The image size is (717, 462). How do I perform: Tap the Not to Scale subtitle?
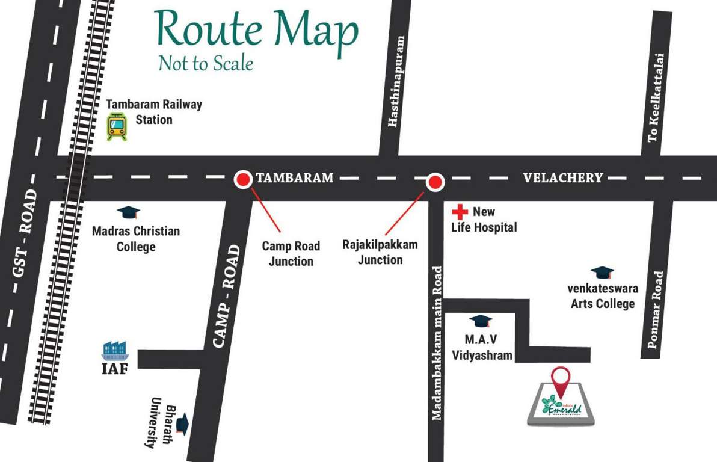point(206,63)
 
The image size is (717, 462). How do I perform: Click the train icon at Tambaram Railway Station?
point(116,127)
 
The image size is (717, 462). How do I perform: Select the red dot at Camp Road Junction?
point(243,179)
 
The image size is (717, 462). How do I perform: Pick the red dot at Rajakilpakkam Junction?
point(435,181)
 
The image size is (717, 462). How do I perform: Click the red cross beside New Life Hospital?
point(460,212)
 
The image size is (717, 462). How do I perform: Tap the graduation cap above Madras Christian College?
point(128,212)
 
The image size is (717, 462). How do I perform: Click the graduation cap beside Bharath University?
point(183,423)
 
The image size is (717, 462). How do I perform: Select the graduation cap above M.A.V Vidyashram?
point(480,321)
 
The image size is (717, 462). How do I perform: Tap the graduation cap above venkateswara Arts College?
point(602,273)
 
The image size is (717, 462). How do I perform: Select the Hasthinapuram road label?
point(394,82)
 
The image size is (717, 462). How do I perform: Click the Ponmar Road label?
point(656,310)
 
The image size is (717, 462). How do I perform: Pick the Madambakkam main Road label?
point(437,343)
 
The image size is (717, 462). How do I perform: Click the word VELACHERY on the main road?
point(562,177)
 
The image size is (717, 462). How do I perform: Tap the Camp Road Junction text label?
point(291,254)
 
